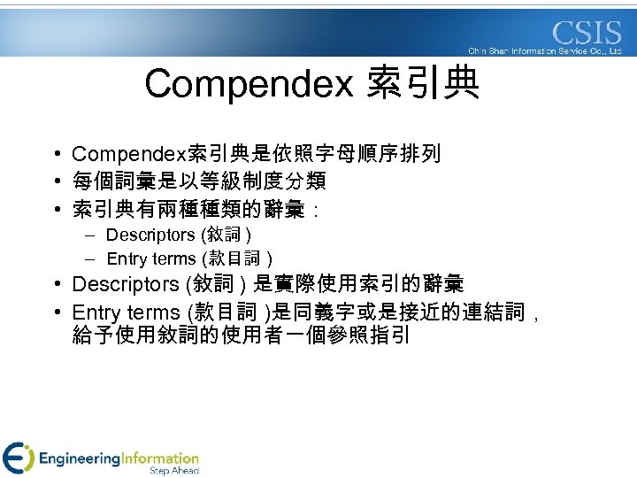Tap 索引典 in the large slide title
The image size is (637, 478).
point(424,84)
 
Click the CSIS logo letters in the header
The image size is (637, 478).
point(587,34)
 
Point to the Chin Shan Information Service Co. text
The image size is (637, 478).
point(544,51)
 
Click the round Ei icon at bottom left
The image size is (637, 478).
point(19,458)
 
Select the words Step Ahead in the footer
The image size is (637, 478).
point(174,471)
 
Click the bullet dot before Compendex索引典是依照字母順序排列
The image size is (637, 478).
point(56,155)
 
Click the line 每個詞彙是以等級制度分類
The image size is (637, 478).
point(199,181)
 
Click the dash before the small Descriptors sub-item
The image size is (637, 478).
point(91,235)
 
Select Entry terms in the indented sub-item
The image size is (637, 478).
point(151,259)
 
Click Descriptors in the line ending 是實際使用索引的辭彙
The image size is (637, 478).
point(126,285)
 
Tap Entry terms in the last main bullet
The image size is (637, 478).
point(125,312)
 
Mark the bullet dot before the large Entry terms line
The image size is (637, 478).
point(56,312)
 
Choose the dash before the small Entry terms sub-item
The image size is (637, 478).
point(91,259)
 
